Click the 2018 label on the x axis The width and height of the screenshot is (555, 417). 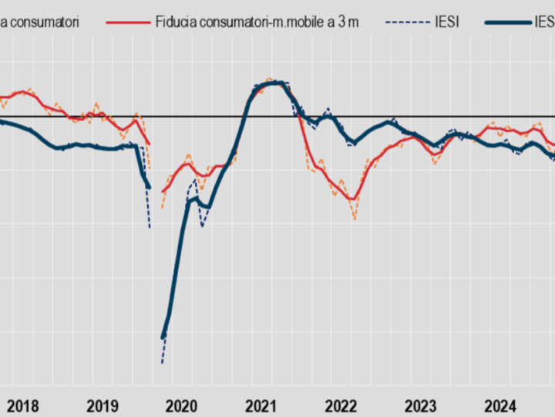click(22, 405)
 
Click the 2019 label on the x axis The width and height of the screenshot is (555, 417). click(102, 405)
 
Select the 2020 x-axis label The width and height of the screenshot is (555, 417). click(182, 405)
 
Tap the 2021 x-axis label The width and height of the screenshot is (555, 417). click(261, 405)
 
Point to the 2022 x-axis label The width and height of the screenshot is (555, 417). click(341, 405)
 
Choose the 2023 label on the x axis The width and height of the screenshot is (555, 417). click(421, 405)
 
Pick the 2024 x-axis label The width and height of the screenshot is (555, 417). click(500, 405)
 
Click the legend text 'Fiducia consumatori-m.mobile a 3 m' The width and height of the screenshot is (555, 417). click(251, 22)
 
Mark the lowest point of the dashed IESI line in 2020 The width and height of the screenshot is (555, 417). click(162, 362)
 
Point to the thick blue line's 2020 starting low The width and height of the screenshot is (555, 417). click(163, 337)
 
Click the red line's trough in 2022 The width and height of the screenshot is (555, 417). click(353, 199)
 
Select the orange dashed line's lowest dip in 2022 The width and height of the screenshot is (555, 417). click(355, 219)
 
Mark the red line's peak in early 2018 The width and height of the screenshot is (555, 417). click(23, 92)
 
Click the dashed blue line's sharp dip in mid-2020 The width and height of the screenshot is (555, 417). click(202, 226)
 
